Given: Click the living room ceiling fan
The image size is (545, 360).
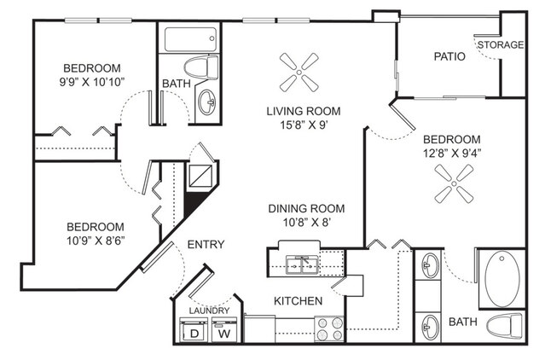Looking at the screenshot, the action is pos(299,73).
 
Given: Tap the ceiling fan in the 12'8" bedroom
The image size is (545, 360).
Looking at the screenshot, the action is pos(454,183).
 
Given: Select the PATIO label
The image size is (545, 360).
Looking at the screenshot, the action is pos(449,56).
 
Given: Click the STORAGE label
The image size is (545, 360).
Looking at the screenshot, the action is pos(501,45).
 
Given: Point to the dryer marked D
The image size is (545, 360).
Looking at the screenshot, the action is pos(194,330).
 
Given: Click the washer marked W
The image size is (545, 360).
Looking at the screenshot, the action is pos(224,330).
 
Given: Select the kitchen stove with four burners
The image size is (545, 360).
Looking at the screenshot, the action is pos(328,328).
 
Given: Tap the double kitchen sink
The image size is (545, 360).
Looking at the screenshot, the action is pos(302,265).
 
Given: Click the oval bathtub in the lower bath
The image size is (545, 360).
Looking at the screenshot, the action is pos(502,280).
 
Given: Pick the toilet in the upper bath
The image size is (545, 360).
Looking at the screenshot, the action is pos(201,67).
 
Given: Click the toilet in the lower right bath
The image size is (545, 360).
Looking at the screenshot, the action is pos(504,326).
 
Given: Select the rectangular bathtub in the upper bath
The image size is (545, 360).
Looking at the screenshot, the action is pos(190,39).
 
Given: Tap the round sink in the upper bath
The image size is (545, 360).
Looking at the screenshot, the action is pos(207,102).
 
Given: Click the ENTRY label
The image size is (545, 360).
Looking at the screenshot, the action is pos(206,245).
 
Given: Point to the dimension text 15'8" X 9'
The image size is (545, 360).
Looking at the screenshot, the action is pos(304,125).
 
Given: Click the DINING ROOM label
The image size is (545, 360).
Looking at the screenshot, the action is pos(306,208).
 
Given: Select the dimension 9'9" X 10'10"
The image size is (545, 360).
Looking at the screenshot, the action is pos(92,82).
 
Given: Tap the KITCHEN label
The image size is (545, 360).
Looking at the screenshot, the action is pos(299,301).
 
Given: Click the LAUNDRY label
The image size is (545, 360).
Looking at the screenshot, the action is pos(209,311).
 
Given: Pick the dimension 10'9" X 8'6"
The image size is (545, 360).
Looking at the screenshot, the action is pos(96,241).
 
